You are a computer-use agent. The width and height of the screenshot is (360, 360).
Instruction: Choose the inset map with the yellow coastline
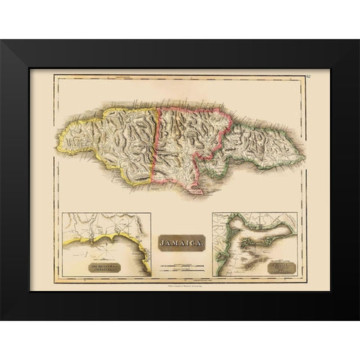tap(106, 244)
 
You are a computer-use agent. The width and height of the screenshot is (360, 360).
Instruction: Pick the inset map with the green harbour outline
tap(255, 244)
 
